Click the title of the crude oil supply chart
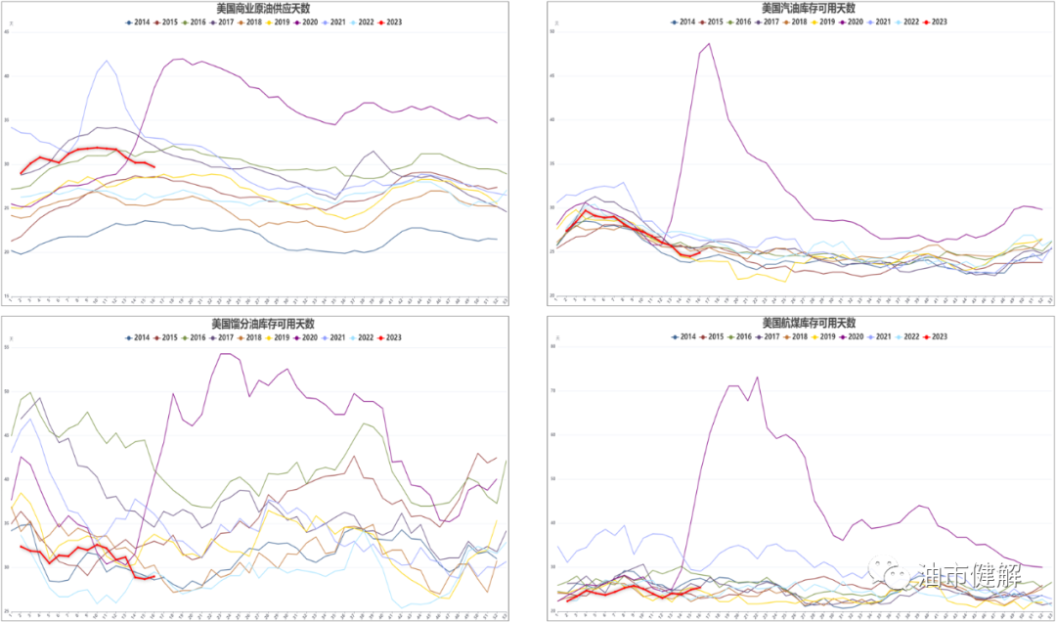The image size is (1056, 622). [x=263, y=8]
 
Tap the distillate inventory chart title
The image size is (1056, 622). [x=263, y=324]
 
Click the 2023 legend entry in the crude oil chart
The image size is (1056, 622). [x=389, y=22]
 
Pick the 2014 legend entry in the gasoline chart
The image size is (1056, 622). [x=682, y=22]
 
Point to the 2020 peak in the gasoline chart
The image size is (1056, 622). [x=709, y=44]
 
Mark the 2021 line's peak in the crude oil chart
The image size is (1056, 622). [x=107, y=61]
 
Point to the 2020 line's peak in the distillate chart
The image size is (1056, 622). [x=225, y=354]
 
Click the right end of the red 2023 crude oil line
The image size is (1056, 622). [x=154, y=166]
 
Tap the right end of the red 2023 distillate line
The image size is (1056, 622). [x=154, y=577]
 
